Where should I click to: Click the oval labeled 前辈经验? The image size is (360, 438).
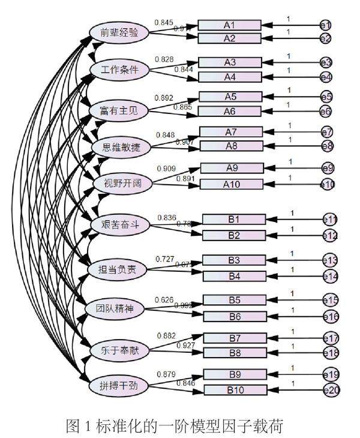pyautogui.click(x=119, y=32)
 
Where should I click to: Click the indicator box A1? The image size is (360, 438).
pyautogui.click(x=229, y=25)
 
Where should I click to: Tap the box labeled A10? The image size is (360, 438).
pyautogui.click(x=231, y=184)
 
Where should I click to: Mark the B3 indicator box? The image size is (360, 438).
pyautogui.click(x=233, y=260)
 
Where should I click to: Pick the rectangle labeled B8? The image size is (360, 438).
pyautogui.click(x=234, y=353)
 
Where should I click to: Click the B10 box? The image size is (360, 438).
pyautogui.click(x=235, y=390)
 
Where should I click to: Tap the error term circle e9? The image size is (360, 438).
pyautogui.click(x=328, y=169)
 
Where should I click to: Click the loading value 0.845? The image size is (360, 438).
pyautogui.click(x=164, y=23)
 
